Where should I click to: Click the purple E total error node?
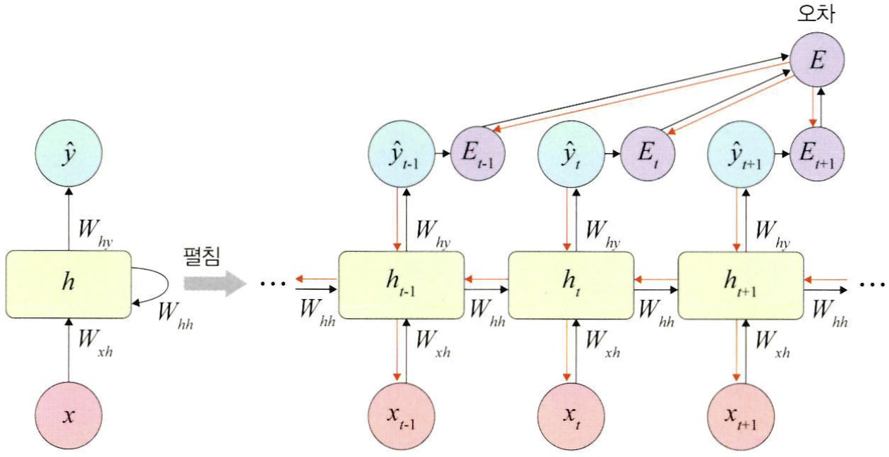tap(816, 60)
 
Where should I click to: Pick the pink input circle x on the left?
tap(68, 415)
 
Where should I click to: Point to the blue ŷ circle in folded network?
tap(68, 154)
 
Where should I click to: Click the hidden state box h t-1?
tap(401, 284)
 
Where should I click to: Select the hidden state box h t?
tap(570, 284)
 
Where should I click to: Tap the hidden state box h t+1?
tap(740, 284)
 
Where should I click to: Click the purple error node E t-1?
tap(478, 154)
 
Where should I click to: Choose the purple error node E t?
tap(648, 154)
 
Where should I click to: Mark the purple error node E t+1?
tap(817, 154)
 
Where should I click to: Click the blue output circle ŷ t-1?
tap(401, 154)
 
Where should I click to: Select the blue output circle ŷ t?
tap(570, 154)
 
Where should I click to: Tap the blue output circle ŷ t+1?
tap(740, 154)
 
